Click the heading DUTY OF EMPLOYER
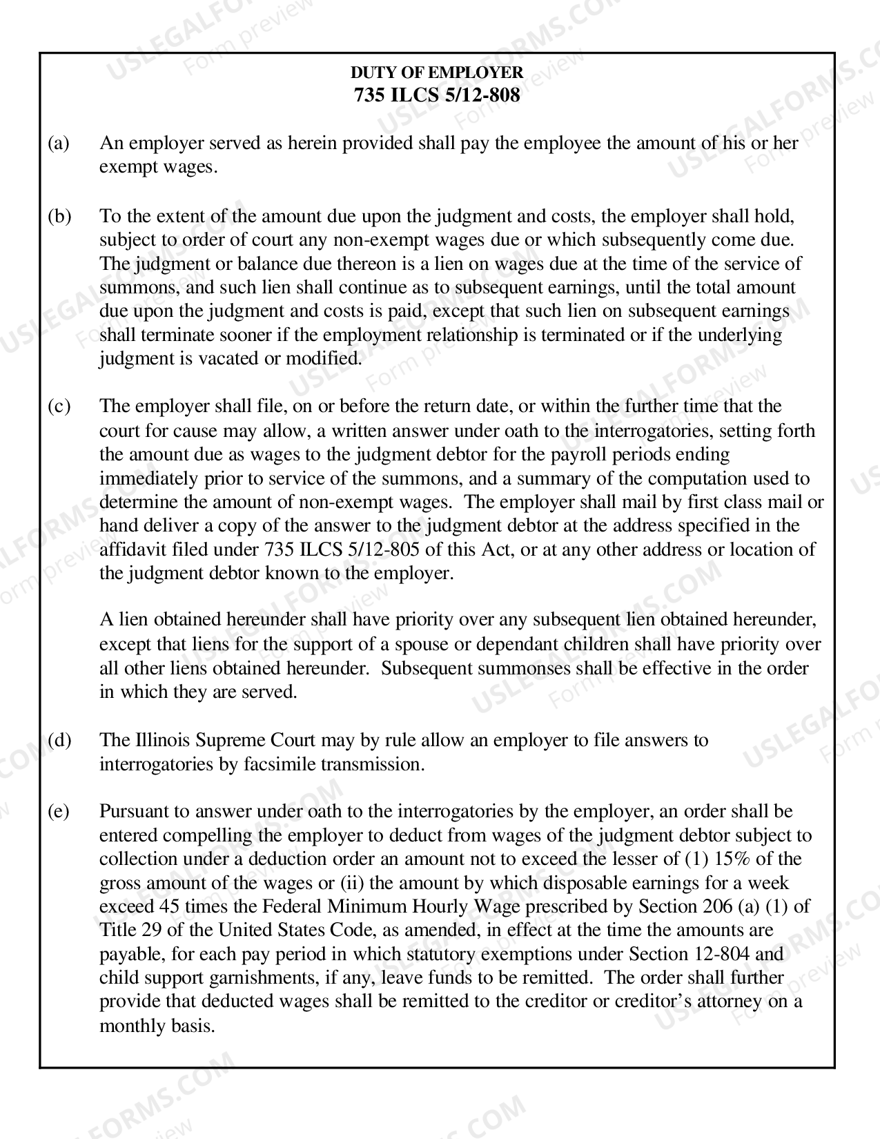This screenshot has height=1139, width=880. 437,72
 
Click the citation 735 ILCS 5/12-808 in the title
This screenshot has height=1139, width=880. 437,95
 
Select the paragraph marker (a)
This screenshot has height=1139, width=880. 59,143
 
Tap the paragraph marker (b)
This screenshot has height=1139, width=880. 59,216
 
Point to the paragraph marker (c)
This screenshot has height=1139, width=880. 59,406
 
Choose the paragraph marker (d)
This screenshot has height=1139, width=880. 59,740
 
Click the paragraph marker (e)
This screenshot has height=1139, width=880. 59,811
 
